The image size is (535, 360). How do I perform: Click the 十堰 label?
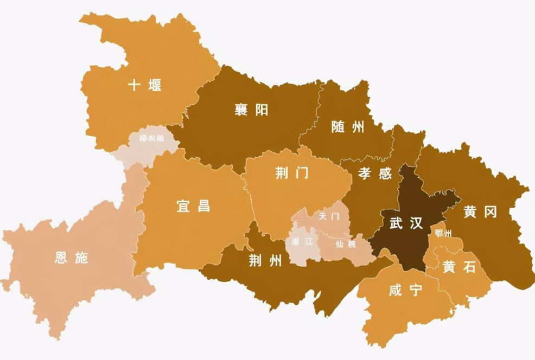coord(144,85)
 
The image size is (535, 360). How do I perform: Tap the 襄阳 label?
coord(251,110)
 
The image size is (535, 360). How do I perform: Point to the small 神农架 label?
coord(151,138)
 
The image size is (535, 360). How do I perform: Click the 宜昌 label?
coord(193,206)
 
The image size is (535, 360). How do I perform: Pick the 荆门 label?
coord(292,173)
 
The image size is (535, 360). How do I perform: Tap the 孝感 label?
coord(374,175)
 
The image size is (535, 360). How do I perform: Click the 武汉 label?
coord(406,223)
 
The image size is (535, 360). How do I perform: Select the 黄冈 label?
coord(480,211)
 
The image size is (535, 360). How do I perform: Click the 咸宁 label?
coord(405,291)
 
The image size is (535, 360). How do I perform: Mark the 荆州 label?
coord(265,261)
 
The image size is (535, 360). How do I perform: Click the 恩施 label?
coord(71,258)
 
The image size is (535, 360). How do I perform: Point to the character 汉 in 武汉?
coord(416,223)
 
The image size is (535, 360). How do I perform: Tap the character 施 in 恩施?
coord(81,258)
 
